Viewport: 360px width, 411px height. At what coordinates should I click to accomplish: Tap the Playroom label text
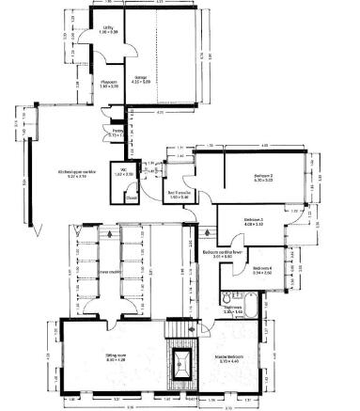[x=108, y=83]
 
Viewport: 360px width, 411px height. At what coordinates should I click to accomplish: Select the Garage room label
[x=140, y=78]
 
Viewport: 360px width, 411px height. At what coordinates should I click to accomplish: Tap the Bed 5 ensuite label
[x=179, y=196]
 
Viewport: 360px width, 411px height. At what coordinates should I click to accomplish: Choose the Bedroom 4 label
[x=262, y=269]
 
